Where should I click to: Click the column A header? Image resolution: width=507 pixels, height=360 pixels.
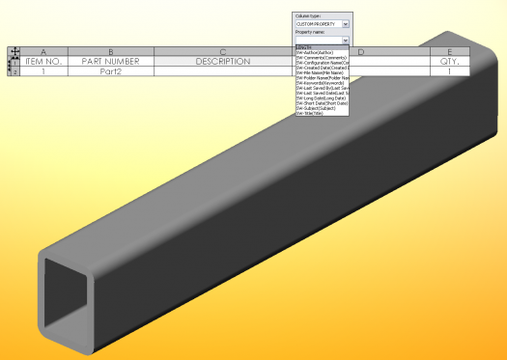pyautogui.click(x=42, y=51)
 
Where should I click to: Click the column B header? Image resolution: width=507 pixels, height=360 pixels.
pyautogui.click(x=111, y=51)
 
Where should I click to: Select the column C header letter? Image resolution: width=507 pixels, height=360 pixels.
pyautogui.click(x=222, y=51)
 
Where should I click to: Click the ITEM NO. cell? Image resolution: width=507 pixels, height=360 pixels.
pyautogui.click(x=42, y=61)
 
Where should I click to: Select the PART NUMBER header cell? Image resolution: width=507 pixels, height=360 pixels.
pyautogui.click(x=111, y=61)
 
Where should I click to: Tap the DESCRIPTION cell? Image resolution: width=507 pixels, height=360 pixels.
pyautogui.click(x=222, y=61)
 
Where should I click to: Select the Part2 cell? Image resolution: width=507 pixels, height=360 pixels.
pyautogui.click(x=111, y=71)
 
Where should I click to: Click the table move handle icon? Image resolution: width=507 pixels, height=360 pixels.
pyautogui.click(x=14, y=51)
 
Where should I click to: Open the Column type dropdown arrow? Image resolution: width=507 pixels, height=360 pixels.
pyautogui.click(x=345, y=23)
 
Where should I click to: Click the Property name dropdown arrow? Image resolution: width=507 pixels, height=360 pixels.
pyautogui.click(x=345, y=40)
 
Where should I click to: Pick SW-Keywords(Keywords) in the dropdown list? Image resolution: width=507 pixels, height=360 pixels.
pyautogui.click(x=322, y=83)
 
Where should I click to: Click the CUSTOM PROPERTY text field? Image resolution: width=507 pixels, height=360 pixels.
pyautogui.click(x=317, y=23)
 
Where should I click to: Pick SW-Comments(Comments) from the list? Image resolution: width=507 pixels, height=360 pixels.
pyautogui.click(x=321, y=58)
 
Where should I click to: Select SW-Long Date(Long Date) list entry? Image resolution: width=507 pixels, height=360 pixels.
pyautogui.click(x=321, y=97)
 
